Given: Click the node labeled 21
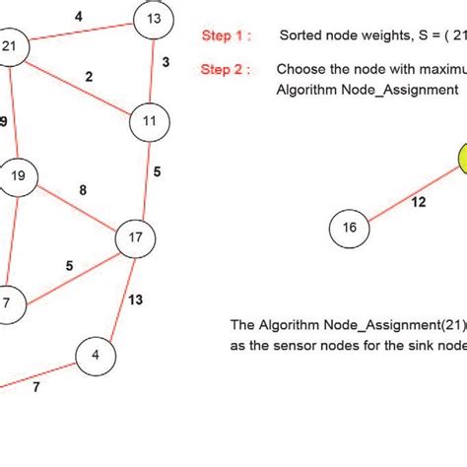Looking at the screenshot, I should (11, 49).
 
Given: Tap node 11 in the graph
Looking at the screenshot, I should (149, 121).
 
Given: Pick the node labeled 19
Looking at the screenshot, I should (18, 178).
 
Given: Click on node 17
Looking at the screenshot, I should (136, 237).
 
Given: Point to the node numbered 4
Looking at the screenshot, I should (96, 355).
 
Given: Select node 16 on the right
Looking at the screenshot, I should (349, 228).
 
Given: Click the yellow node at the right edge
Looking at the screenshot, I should (461, 160).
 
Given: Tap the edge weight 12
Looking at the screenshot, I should (418, 202).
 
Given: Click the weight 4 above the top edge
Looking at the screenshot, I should (79, 16).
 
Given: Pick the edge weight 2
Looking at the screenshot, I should (89, 77).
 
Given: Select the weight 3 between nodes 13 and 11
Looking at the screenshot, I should (166, 63).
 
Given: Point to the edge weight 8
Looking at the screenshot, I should (82, 189).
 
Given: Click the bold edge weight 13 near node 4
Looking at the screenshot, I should (135, 300).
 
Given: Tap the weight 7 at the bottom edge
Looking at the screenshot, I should (36, 387).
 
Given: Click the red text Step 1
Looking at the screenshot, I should (226, 35).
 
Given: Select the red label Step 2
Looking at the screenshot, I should (226, 70).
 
